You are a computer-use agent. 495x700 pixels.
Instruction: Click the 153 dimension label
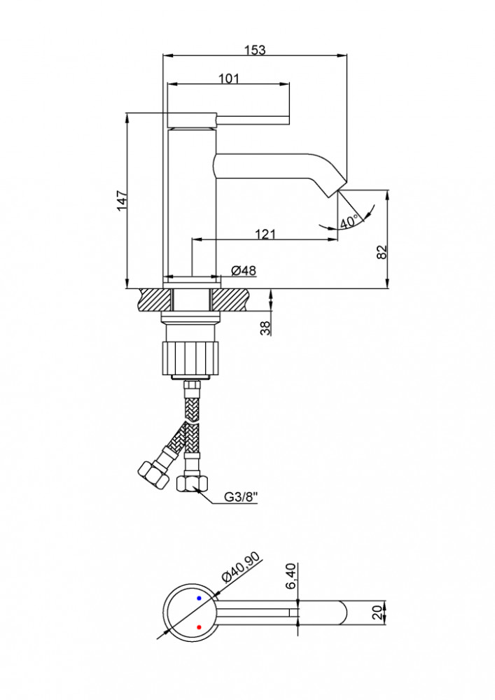click(255, 50)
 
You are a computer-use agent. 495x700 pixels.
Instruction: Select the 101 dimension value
click(229, 78)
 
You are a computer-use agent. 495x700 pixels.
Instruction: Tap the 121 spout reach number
click(265, 234)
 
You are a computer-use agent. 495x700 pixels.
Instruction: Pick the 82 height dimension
click(382, 252)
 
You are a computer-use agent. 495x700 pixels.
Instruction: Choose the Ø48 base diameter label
click(244, 270)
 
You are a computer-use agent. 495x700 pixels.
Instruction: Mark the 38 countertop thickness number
click(265, 328)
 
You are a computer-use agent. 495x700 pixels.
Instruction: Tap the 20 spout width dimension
click(379, 612)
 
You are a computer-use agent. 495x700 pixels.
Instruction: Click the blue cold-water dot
click(199, 598)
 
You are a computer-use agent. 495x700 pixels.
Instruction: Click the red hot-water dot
click(199, 627)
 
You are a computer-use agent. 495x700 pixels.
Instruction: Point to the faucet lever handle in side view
click(228, 120)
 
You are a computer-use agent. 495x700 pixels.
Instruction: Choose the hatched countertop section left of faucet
click(155, 299)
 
